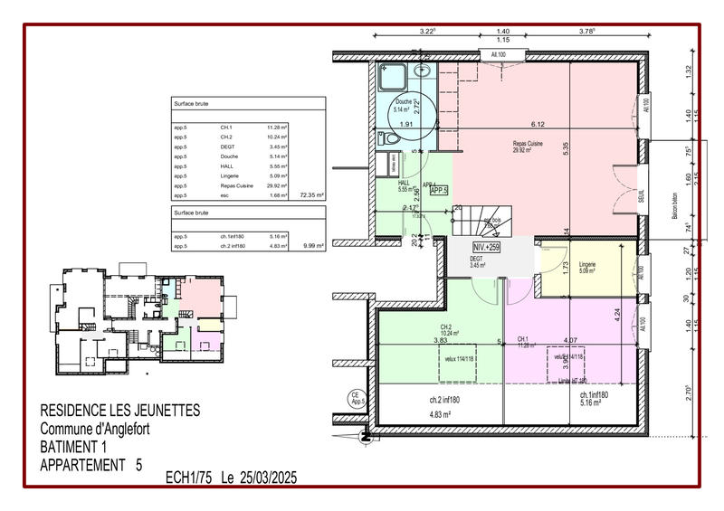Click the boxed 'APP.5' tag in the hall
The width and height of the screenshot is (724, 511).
pyautogui.click(x=440, y=191)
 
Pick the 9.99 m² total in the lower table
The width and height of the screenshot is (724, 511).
pyautogui.click(x=313, y=244)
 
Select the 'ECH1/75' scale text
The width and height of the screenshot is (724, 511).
pyautogui.click(x=188, y=477)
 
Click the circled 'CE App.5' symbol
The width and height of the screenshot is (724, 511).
pyautogui.click(x=356, y=396)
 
